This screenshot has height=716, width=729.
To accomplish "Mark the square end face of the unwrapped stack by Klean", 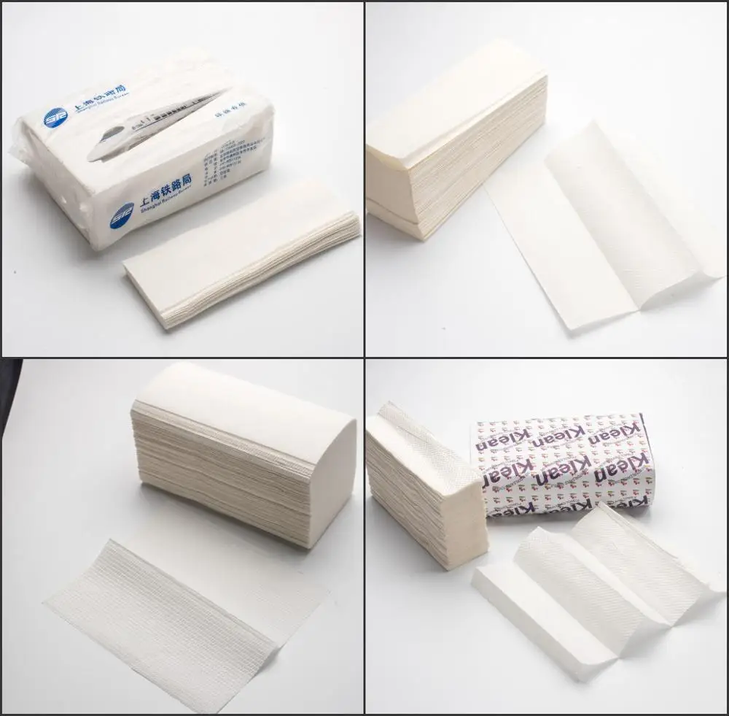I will click(456, 522).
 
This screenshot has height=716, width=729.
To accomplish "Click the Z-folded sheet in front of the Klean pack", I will click(590, 577).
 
